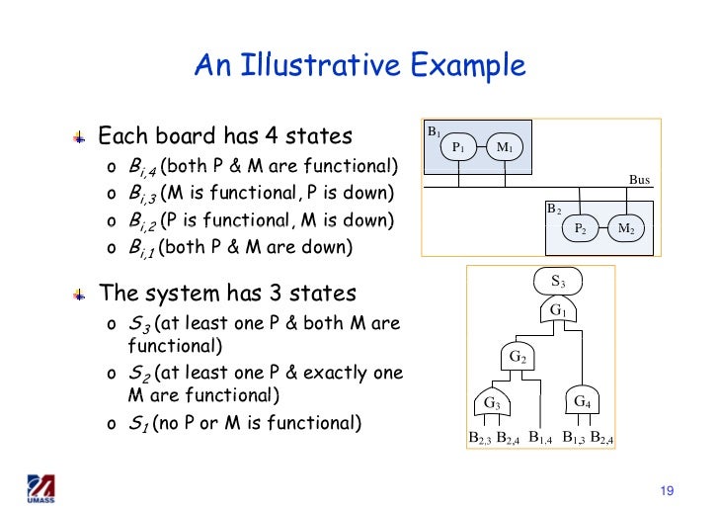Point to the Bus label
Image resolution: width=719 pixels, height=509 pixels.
(x=640, y=180)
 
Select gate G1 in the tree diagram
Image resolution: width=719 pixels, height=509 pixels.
(x=558, y=310)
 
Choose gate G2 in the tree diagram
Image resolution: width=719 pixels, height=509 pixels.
(x=518, y=356)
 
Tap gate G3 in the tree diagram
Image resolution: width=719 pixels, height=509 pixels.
(x=492, y=402)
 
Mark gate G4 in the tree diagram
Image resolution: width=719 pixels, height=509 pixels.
(x=583, y=401)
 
